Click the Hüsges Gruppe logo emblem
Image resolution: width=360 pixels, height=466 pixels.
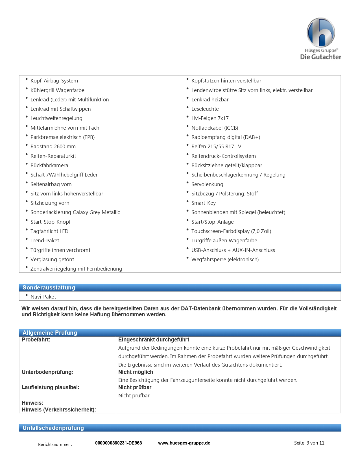point(321,32)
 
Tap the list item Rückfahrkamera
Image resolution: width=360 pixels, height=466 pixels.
point(49,166)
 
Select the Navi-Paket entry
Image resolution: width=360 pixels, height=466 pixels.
point(43,297)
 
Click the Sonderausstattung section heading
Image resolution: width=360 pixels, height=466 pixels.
point(49,288)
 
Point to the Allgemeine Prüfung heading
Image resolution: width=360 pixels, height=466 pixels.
point(50,333)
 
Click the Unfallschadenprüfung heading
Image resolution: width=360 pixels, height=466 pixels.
point(53,428)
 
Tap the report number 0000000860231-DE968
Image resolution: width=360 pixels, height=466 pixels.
point(118,443)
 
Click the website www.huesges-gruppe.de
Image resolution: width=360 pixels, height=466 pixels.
point(184,443)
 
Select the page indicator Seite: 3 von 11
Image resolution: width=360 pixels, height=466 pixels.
point(309,443)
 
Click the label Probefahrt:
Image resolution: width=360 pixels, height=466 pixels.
point(36,340)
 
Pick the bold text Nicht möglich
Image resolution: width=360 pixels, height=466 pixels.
point(136,372)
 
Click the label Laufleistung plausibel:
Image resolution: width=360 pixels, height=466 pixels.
point(51,387)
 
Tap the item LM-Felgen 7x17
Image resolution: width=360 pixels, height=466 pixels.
point(210,118)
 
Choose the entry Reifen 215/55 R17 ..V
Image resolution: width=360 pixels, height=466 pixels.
point(216,147)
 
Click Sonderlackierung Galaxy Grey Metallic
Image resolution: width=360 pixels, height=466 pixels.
point(75,212)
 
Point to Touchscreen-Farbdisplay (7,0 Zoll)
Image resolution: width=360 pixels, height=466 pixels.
point(231,231)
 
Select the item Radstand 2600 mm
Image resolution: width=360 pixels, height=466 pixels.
point(53,147)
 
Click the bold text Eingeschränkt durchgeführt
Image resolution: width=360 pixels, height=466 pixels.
point(154,340)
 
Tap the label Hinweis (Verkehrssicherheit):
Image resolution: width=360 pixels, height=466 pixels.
point(59,410)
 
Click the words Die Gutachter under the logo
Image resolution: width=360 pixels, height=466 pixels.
point(321,57)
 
